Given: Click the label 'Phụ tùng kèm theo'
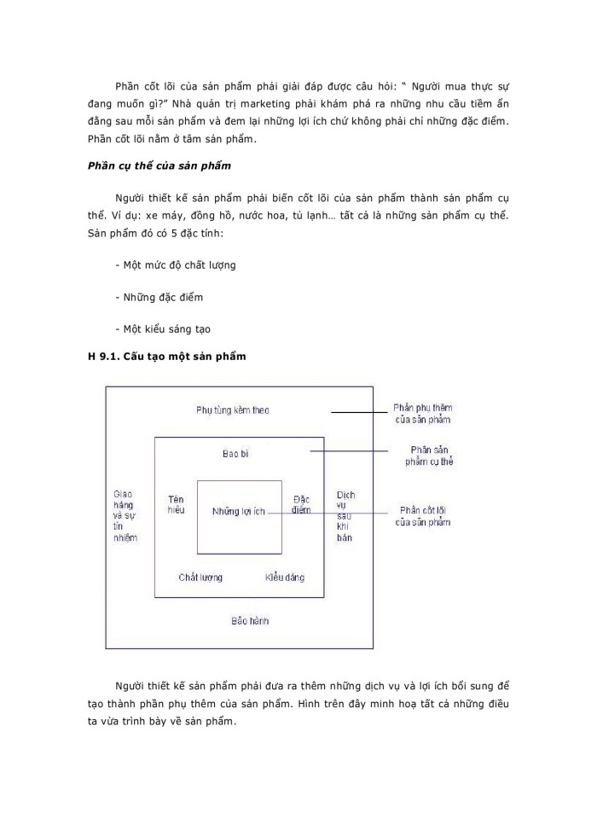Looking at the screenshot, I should [x=232, y=410].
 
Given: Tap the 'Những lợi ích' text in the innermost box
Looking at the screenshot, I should [x=240, y=511].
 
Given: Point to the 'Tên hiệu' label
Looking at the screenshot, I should [x=177, y=503].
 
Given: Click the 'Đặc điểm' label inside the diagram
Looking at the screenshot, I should [x=300, y=504].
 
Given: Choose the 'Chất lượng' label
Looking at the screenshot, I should [x=200, y=578].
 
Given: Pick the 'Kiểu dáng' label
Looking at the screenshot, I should [x=284, y=578].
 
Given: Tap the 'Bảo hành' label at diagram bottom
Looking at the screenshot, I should [x=249, y=620].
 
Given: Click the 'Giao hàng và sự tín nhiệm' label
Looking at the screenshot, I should [x=125, y=516].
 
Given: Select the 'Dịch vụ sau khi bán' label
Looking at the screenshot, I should [x=345, y=516].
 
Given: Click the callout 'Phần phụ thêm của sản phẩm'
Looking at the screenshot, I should [x=422, y=413].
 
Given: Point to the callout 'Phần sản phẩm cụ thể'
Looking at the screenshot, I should [x=429, y=456].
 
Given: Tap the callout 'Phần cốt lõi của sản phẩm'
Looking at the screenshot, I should [x=422, y=516].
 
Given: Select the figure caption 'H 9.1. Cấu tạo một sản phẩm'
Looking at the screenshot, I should [x=166, y=357].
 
